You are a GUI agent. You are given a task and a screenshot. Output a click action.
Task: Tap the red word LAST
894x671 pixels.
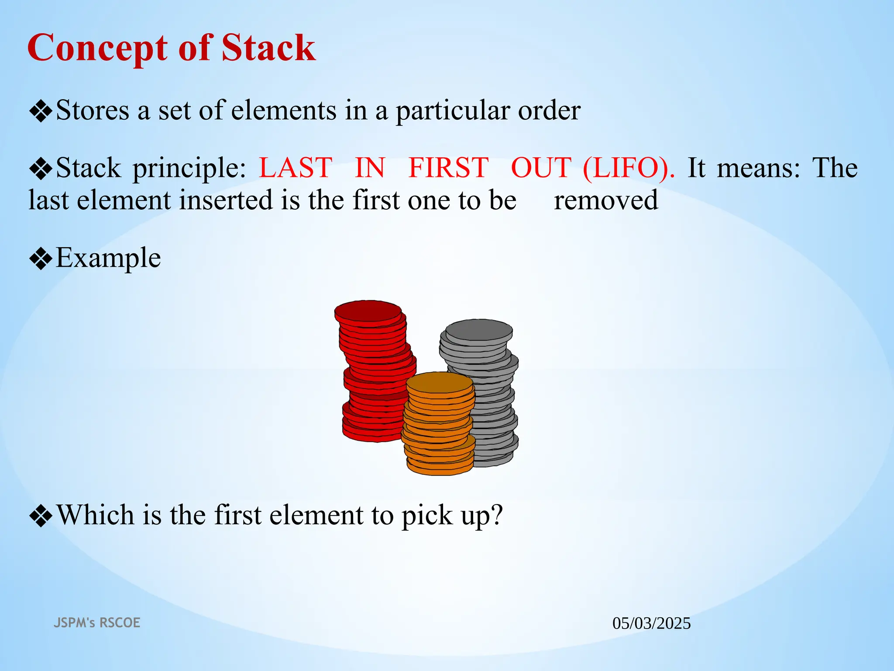296,168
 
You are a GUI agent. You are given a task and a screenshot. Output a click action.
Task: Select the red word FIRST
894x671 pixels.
448,168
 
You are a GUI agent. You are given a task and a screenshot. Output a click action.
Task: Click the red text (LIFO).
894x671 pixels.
629,168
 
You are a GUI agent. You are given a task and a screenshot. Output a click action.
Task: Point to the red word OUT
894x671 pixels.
541,168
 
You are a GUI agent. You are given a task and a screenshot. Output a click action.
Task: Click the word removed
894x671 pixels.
606,200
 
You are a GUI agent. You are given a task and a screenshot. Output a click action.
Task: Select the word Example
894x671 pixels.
108,258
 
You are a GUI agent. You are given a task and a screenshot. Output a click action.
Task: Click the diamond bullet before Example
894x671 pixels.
41,259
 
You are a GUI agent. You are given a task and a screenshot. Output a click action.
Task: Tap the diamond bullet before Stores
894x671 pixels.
41,111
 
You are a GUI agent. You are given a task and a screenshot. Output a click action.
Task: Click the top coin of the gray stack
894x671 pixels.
479,330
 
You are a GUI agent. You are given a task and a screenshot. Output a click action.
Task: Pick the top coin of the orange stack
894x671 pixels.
439,383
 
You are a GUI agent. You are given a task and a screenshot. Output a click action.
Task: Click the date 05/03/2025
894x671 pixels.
651,623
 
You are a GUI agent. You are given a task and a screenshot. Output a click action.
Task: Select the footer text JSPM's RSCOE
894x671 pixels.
97,623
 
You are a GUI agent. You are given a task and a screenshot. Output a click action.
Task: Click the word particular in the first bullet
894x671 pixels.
452,111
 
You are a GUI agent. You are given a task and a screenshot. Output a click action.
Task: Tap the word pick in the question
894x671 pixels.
426,515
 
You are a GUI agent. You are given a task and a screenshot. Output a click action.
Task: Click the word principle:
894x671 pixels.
189,169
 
